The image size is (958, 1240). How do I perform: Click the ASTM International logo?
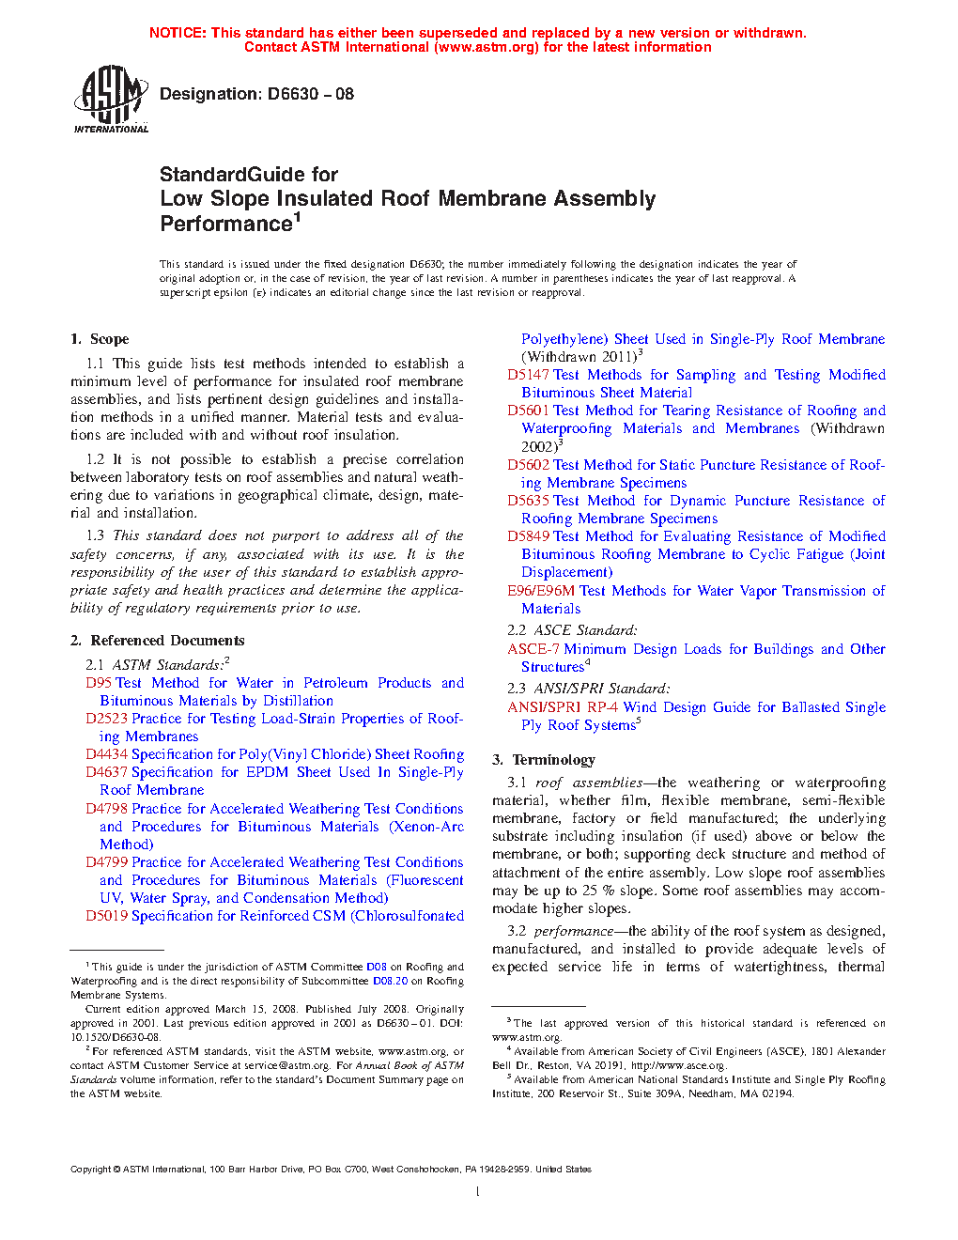click(x=111, y=99)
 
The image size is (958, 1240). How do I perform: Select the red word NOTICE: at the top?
click(x=178, y=33)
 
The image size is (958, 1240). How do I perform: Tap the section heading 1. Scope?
click(x=100, y=339)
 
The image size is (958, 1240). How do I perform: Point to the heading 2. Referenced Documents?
click(x=157, y=641)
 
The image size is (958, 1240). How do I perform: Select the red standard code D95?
click(x=99, y=683)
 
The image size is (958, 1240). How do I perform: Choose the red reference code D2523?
click(x=106, y=719)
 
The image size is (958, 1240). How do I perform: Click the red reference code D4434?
click(x=106, y=754)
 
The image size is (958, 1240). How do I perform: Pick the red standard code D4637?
click(x=106, y=772)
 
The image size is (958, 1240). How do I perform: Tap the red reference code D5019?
click(x=106, y=916)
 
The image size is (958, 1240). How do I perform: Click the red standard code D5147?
click(x=528, y=375)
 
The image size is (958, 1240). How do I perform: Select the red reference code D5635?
click(x=528, y=501)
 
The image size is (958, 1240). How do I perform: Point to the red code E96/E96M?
click(x=541, y=591)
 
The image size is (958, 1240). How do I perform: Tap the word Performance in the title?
click(x=226, y=225)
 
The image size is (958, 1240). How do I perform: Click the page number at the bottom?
click(x=478, y=1192)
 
